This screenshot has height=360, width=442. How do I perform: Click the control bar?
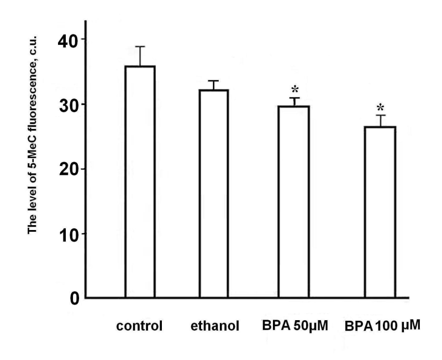[x=139, y=182]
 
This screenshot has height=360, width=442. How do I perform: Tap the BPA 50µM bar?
[x=293, y=202]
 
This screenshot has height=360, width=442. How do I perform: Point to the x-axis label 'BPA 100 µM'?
[x=379, y=326]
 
